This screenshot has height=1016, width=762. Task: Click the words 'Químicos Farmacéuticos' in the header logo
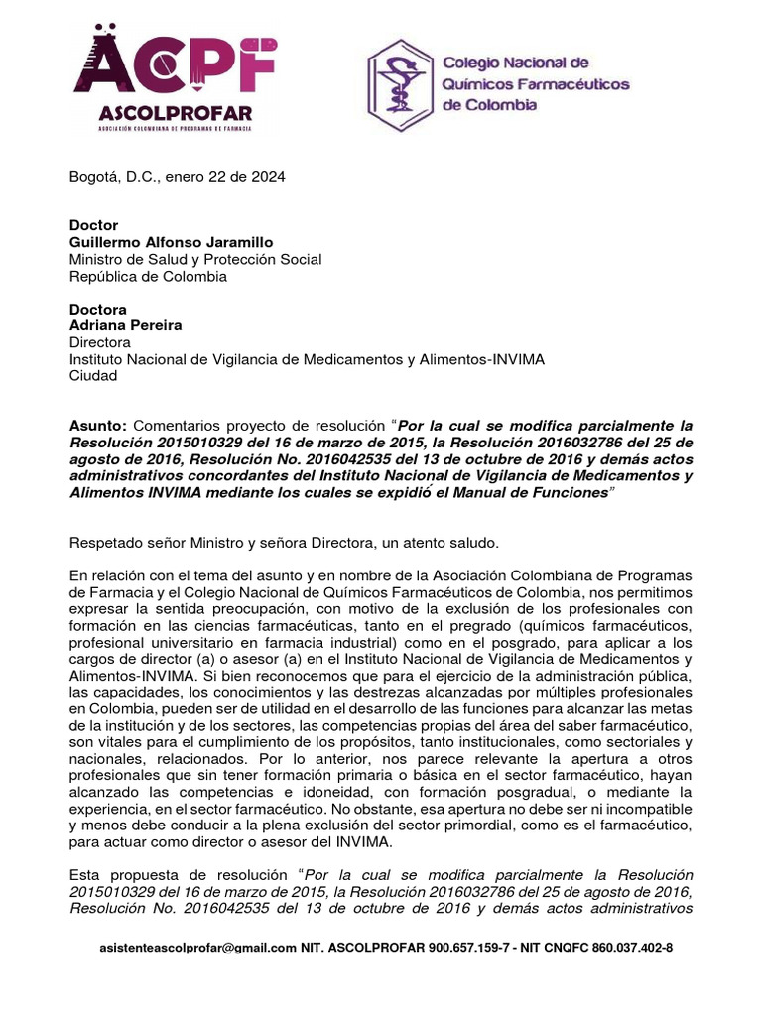tap(535, 84)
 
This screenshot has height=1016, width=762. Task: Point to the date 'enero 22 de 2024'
tap(227, 177)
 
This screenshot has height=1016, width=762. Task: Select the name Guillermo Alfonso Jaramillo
tap(170, 242)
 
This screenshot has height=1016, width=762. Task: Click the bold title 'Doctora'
tap(97, 310)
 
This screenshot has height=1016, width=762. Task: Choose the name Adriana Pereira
tap(125, 325)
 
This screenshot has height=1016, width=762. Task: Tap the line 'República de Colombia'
tap(148, 276)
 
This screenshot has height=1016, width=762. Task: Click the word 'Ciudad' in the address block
tap(92, 376)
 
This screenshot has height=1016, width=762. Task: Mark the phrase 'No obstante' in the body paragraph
tap(393, 809)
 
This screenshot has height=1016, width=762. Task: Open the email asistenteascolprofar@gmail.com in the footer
tap(198, 948)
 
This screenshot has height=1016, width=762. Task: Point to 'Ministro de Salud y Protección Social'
tap(194, 259)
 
